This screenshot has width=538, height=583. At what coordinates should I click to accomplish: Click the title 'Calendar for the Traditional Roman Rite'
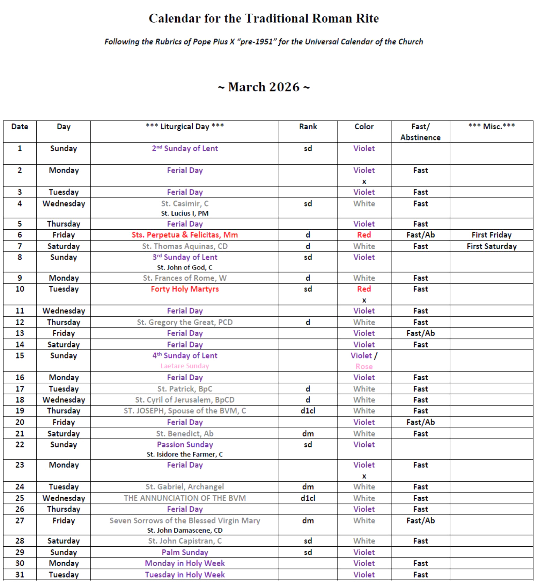264,19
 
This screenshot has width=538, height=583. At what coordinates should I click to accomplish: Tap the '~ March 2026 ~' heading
264,87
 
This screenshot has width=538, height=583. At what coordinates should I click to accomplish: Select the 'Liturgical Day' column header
185,127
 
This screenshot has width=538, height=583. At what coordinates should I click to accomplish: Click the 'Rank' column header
308,127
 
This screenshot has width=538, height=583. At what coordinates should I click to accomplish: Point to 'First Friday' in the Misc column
491,235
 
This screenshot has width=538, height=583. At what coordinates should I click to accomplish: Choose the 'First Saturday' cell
491,246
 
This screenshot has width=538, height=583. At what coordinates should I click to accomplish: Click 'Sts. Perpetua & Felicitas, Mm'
185,235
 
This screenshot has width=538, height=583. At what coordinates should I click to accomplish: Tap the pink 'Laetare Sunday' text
185,366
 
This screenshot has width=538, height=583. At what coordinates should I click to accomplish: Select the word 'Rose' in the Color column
364,366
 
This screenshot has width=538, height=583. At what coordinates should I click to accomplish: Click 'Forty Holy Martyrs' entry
185,289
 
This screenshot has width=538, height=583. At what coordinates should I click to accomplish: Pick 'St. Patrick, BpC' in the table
185,389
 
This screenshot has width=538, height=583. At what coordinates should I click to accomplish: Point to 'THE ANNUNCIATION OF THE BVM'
185,498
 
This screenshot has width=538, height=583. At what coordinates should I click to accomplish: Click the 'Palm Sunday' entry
185,552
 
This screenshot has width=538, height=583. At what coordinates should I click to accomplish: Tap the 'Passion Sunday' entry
185,445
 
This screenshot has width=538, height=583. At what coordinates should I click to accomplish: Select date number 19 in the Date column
20,411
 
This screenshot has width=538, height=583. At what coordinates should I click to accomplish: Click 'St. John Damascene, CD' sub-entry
185,530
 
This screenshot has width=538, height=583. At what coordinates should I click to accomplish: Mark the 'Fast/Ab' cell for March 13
420,333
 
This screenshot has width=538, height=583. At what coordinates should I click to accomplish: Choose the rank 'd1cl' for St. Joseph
308,411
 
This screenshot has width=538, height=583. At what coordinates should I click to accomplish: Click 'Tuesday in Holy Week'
185,575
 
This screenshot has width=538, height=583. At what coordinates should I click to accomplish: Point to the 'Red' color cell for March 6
364,235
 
